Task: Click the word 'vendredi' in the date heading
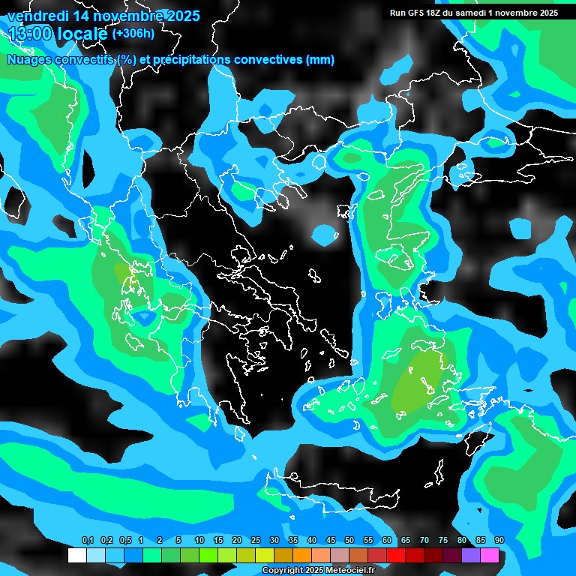click(x=37, y=16)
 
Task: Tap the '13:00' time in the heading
click(x=28, y=34)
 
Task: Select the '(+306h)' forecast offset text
click(x=133, y=34)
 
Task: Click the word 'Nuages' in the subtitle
click(x=29, y=60)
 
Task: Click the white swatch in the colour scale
click(x=76, y=556)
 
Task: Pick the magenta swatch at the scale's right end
click(x=490, y=556)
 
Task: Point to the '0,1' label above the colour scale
click(x=88, y=541)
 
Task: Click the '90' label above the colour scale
click(x=499, y=541)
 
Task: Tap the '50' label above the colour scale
click(x=349, y=541)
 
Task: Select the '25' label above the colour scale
click(x=255, y=541)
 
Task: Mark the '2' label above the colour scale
click(x=160, y=541)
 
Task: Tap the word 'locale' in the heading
click(x=83, y=34)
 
